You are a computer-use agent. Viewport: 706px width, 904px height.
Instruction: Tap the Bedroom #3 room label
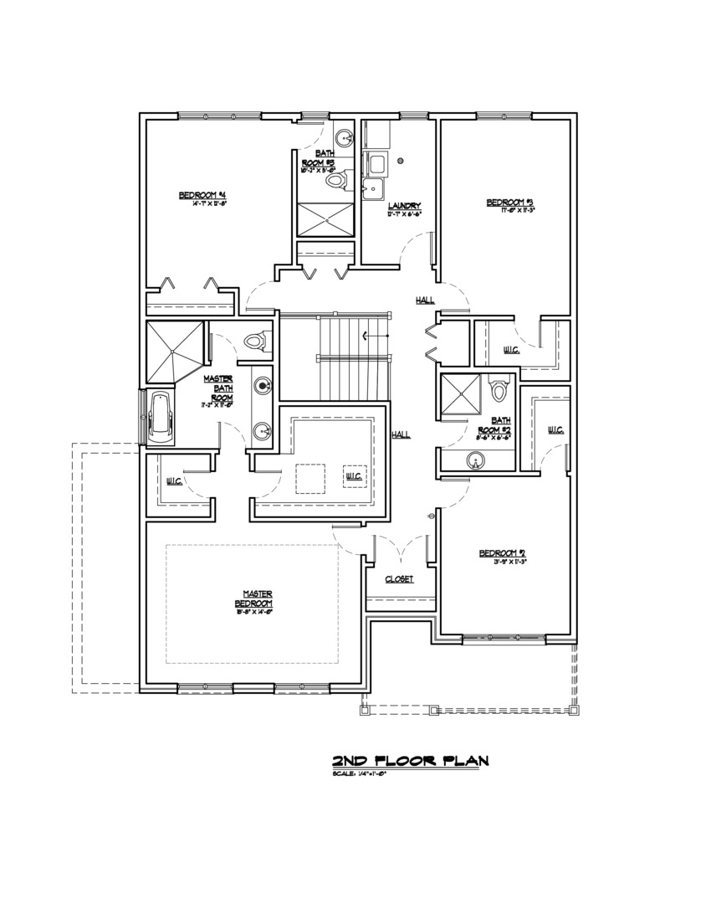[x=510, y=203]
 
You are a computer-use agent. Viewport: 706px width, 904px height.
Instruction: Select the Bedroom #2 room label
[x=501, y=553]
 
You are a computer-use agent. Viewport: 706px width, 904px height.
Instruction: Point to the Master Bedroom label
[x=253, y=599]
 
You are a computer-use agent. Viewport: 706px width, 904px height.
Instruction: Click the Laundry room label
[x=403, y=206]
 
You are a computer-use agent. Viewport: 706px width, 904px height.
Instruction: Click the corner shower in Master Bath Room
[x=174, y=350]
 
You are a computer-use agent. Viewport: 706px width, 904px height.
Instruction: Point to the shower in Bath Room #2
[x=461, y=393]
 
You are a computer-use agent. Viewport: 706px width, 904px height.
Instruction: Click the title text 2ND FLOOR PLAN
[x=410, y=760]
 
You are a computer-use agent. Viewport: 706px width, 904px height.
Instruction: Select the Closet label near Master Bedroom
[x=399, y=579]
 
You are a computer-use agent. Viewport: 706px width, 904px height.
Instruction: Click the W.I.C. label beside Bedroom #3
[x=510, y=349]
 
